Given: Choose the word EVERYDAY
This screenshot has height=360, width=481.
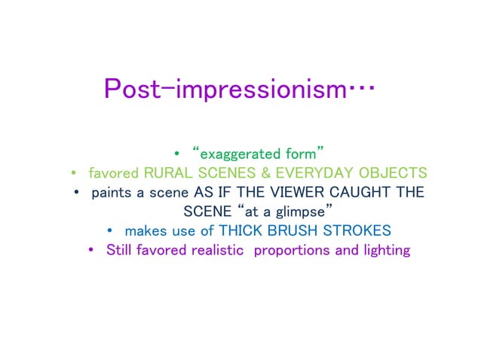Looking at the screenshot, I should pyautogui.click(x=317, y=172).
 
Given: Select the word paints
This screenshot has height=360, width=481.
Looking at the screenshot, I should pyautogui.click(x=111, y=192).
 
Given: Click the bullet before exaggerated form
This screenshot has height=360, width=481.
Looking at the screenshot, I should pyautogui.click(x=176, y=154).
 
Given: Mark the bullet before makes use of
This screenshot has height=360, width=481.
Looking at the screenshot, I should pyautogui.click(x=110, y=230).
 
